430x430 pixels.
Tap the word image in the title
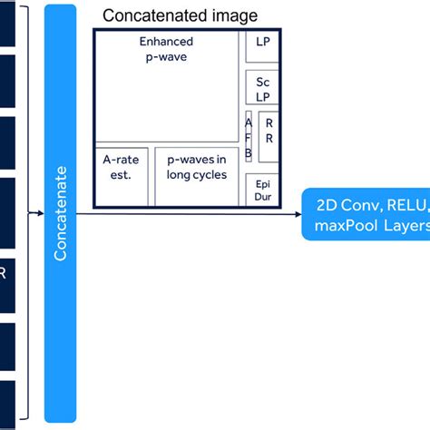[x=231, y=15]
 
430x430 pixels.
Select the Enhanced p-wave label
[x=166, y=49]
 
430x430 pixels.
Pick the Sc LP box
[x=263, y=88]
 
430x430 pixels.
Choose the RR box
[x=269, y=132]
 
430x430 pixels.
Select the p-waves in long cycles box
[x=197, y=168]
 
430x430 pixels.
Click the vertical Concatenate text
[x=61, y=212]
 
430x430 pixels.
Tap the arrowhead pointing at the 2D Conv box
[x=297, y=214]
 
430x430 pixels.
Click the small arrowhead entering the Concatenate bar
[x=40, y=214]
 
